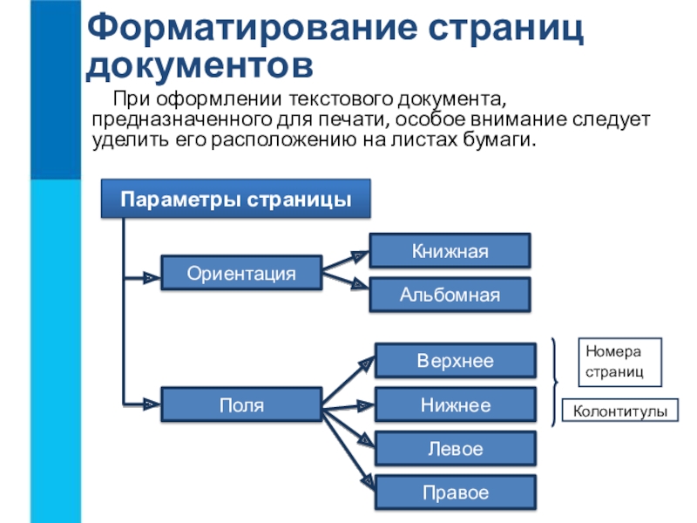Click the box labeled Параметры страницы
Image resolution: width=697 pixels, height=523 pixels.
pyautogui.click(x=236, y=199)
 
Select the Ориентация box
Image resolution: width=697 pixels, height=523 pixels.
pyautogui.click(x=241, y=274)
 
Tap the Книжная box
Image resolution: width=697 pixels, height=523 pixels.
pyautogui.click(x=450, y=250)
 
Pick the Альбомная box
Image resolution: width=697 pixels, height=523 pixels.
pyautogui.click(x=450, y=295)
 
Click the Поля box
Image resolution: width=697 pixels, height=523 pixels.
pyautogui.click(x=241, y=405)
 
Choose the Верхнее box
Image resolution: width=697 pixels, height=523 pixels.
pyautogui.click(x=455, y=360)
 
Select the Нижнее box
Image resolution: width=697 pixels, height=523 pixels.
pyautogui.click(x=455, y=405)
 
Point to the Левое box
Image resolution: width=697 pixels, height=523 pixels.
pyautogui.click(x=455, y=449)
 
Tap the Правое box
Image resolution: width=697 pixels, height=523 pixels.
pyautogui.click(x=455, y=492)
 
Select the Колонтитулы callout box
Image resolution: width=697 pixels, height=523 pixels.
pyautogui.click(x=621, y=410)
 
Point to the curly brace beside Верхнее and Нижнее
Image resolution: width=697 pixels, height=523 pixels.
pyautogui.click(x=556, y=382)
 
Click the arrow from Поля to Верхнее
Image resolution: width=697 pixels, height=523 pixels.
pyautogui.click(x=349, y=381)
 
